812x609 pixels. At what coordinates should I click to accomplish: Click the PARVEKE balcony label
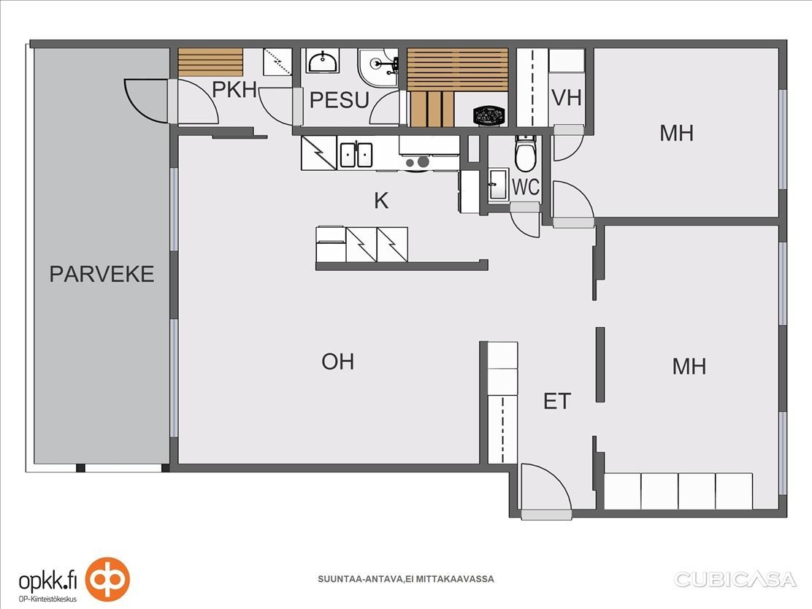point(101,274)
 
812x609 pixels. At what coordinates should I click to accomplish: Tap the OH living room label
point(337,361)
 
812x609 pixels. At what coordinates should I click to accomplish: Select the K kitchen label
point(381,200)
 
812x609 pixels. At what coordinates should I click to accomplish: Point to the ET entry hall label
point(557,402)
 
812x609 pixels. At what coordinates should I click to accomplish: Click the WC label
point(526,187)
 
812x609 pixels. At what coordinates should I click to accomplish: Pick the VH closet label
point(567,98)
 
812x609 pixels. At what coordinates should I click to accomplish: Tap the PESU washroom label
point(340,100)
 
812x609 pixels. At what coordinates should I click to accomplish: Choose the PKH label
point(234,90)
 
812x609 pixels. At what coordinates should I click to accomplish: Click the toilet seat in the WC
point(525,154)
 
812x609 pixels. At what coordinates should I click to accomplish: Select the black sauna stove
point(489,115)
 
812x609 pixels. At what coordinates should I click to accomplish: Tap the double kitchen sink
point(356,155)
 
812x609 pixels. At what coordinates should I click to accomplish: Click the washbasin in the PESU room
point(323,61)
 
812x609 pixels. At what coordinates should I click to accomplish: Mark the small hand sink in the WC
point(498,184)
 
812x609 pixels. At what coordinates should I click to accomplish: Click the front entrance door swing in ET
point(546,489)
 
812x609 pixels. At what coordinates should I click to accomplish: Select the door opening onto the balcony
point(145,101)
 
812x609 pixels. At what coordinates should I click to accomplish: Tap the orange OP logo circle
point(108,580)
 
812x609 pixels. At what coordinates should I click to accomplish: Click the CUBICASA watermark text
point(735,580)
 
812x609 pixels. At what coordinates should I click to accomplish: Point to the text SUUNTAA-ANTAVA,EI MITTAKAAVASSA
point(405,579)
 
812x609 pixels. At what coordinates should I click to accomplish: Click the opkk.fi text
point(47,581)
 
